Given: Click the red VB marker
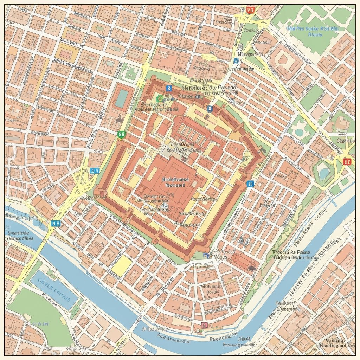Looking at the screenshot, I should (250, 10).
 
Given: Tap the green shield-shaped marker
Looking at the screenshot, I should (122, 134).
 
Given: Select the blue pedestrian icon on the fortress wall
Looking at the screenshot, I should (168, 88).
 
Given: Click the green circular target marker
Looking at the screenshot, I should (160, 98).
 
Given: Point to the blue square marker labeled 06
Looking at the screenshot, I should (250, 183).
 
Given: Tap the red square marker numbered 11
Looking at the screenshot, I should (347, 161).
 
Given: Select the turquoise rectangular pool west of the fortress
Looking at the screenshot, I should (121, 99).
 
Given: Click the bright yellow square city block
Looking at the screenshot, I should (122, 266).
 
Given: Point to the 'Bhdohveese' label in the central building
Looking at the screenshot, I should (175, 179).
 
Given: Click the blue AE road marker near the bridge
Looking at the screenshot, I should (56, 223).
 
